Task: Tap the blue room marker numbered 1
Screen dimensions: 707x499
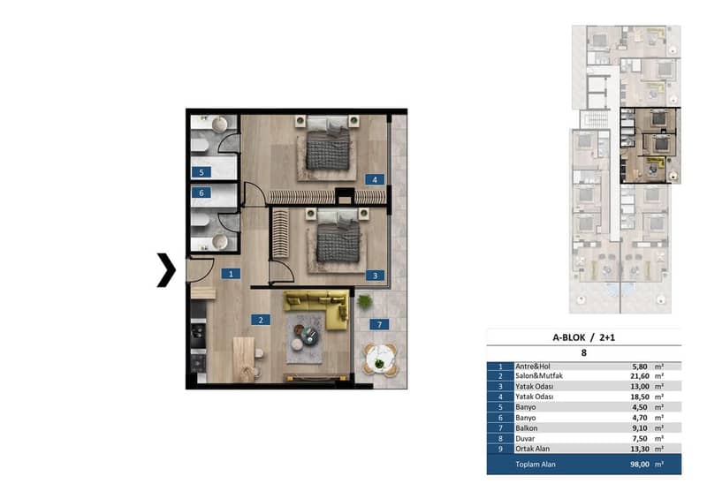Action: [231, 274]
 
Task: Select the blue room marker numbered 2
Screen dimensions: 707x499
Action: [261, 320]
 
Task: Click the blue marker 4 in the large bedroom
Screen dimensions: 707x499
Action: [375, 180]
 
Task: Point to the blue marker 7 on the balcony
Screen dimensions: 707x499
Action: [379, 324]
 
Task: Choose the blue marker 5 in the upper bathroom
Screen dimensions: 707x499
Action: [201, 172]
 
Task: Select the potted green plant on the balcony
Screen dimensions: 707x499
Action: [365, 301]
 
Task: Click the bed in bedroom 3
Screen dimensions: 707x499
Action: [338, 238]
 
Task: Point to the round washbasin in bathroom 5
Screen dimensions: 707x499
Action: [220, 125]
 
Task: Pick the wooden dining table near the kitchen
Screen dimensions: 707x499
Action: [244, 359]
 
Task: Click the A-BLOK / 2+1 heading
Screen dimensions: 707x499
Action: [583, 337]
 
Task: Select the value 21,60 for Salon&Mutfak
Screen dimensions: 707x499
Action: [639, 376]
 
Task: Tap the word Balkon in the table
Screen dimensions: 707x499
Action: [526, 428]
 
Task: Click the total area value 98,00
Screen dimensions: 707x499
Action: [639, 465]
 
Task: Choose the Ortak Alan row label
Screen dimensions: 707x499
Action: [533, 449]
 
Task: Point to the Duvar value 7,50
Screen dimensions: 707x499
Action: [640, 439]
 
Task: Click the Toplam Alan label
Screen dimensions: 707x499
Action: [536, 465]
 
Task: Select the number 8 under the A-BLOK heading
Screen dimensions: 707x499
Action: [584, 353]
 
